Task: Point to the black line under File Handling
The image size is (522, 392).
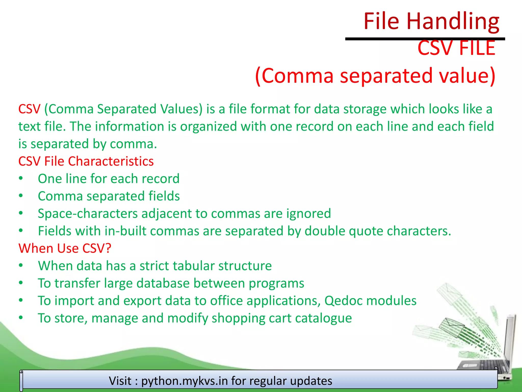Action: click(425, 39)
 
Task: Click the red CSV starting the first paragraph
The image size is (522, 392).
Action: click(29, 109)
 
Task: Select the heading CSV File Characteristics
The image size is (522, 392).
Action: click(86, 161)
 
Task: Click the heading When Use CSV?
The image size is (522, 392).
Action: click(65, 248)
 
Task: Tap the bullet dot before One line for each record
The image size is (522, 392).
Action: click(21, 178)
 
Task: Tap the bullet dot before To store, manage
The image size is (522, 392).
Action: click(21, 318)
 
